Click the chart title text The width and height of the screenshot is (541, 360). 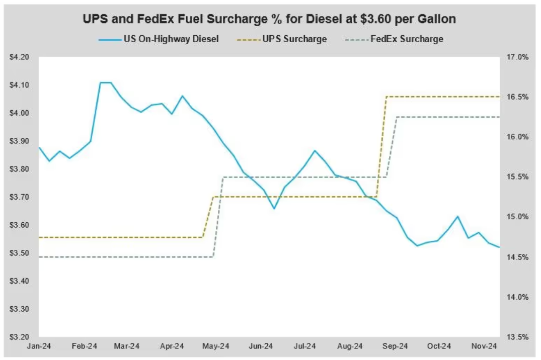coord(269,20)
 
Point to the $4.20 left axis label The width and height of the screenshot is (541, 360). coord(20,57)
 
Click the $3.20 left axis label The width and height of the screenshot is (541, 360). coord(20,337)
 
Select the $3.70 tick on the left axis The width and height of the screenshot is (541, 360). coord(20,197)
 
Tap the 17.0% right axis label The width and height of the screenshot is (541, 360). coord(517,57)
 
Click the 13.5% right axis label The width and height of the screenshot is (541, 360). coord(517,337)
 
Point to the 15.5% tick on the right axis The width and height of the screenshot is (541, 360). coord(517,177)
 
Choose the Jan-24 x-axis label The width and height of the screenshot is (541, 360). coord(40,346)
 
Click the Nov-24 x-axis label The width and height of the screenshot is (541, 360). coord(484,346)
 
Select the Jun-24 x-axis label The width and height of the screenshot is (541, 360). coord(261,346)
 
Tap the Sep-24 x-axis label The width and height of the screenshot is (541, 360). coord(395,346)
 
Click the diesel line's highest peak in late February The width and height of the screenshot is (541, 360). coord(105,82)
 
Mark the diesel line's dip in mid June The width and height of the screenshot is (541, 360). coord(274,208)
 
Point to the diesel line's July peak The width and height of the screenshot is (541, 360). coord(315,150)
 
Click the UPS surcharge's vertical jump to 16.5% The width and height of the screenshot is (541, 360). coord(381,146)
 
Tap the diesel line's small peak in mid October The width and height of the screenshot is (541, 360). coord(457,217)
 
